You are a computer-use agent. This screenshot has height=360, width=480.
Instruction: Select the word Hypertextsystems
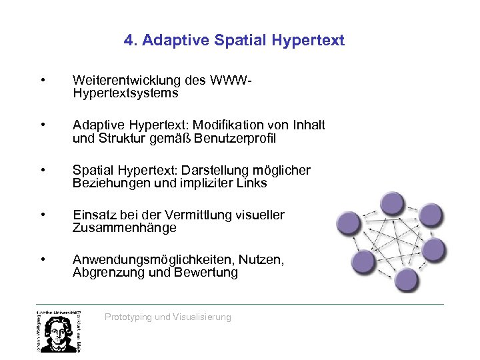click(x=125, y=93)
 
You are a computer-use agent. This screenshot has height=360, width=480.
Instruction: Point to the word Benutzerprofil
click(x=237, y=139)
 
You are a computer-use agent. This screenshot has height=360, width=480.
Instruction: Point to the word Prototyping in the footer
click(x=128, y=317)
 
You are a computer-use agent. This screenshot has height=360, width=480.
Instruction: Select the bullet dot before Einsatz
click(x=42, y=215)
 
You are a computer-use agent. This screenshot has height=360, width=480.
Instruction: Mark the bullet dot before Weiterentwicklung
click(x=42, y=81)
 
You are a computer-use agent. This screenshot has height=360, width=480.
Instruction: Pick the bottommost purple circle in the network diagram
click(x=405, y=278)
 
